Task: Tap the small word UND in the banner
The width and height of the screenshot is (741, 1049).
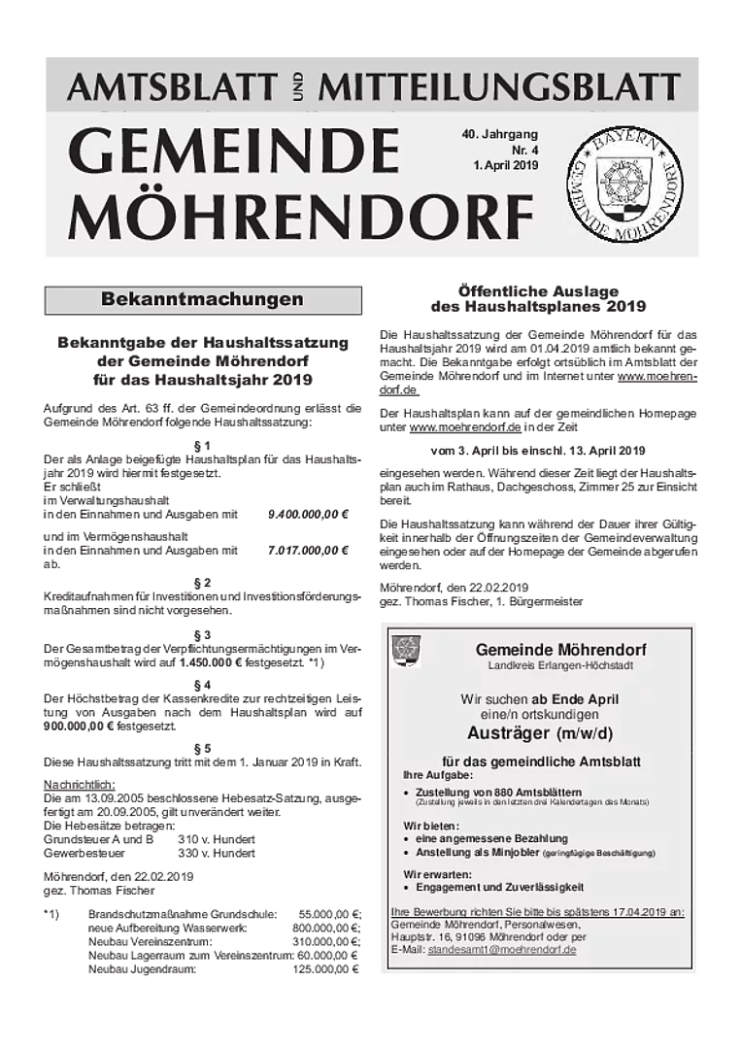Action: point(297,89)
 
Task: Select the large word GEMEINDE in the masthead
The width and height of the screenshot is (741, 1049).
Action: point(233,152)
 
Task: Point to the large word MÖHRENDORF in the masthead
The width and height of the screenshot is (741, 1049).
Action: point(300,217)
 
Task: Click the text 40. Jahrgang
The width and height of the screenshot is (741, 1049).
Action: point(499,133)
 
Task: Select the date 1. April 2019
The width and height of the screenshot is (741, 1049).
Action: point(505,166)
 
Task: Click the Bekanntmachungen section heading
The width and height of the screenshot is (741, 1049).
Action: point(202,299)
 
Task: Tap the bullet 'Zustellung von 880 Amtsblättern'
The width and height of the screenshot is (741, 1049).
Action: point(498,792)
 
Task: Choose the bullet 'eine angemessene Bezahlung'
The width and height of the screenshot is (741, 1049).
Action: point(491,838)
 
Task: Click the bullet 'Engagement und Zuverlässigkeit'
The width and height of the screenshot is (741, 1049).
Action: point(499,887)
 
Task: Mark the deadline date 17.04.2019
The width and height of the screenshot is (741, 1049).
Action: point(644,913)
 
